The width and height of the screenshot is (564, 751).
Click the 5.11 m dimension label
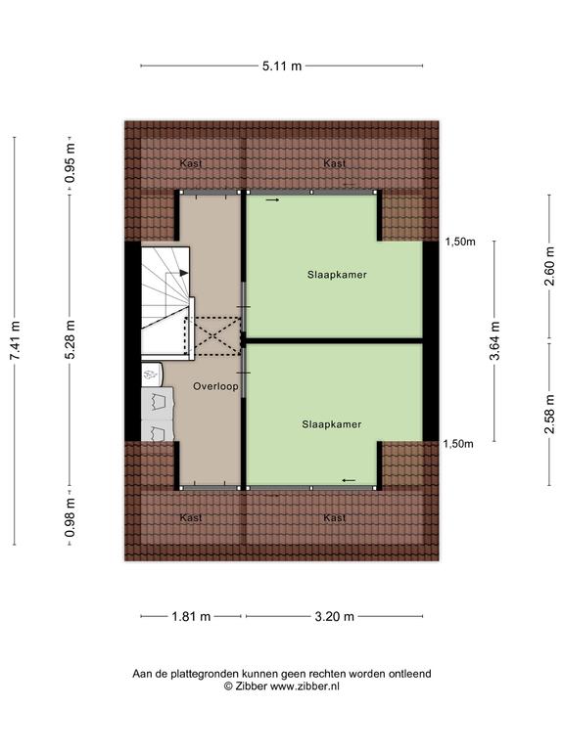282,66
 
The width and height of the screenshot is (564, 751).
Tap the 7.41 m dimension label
16,340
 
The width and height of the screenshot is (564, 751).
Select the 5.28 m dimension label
70,339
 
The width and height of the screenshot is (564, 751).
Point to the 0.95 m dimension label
70,163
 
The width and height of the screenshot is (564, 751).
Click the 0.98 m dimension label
70,517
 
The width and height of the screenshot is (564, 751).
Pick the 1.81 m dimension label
191,616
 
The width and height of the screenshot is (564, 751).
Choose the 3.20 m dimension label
334,616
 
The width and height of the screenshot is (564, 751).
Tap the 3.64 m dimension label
494,340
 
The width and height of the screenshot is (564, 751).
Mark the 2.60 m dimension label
549,266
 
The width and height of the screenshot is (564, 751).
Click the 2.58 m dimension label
549,415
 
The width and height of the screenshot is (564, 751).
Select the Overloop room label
215,386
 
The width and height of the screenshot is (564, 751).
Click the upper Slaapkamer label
337,275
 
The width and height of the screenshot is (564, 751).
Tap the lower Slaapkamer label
331,424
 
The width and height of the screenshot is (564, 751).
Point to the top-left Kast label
191,163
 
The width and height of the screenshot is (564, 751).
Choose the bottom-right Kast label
334,517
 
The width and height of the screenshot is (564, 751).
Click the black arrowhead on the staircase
184,273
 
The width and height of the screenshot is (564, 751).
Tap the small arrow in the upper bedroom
272,199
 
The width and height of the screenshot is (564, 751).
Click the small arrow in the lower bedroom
349,480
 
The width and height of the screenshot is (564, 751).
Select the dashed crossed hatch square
212,335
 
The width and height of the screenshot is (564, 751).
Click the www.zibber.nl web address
305,686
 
